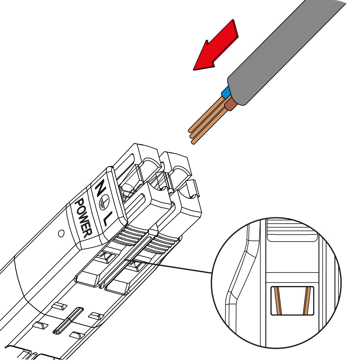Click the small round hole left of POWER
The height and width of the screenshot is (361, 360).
coord(61,234)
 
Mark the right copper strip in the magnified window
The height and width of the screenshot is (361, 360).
coord(308,301)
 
